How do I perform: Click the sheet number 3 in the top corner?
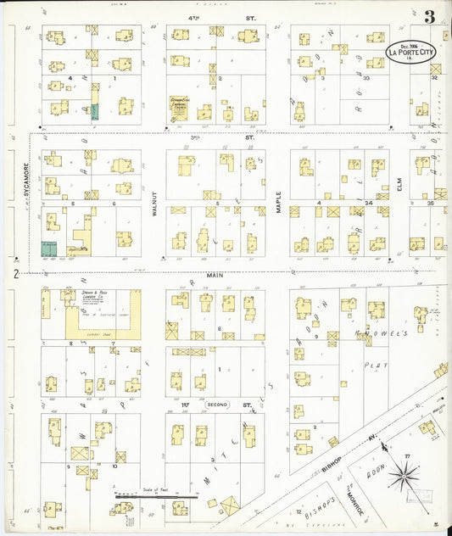[x=431, y=16]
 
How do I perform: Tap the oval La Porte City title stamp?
[x=412, y=53]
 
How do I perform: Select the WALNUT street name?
[x=155, y=205]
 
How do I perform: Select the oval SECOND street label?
[x=218, y=406]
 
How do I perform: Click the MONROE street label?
[x=349, y=496]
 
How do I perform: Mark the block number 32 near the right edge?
[x=433, y=77]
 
